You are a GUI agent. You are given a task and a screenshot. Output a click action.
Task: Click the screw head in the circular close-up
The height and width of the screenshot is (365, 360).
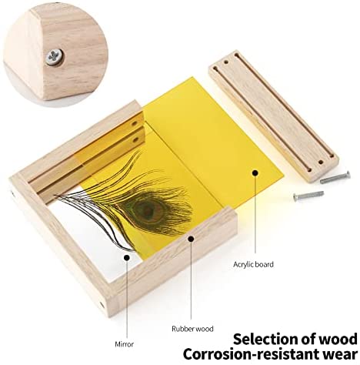point(55,57)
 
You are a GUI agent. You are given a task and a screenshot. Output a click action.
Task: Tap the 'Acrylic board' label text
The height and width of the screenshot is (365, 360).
point(253,265)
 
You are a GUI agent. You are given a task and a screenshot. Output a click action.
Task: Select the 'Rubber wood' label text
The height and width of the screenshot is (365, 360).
point(192,329)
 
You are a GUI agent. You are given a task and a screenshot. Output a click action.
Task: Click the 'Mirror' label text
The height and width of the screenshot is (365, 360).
point(125,344)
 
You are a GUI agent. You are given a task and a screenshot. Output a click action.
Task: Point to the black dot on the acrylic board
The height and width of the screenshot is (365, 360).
point(255,173)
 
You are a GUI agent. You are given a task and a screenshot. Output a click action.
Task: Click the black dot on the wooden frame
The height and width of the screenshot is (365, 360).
point(191,239)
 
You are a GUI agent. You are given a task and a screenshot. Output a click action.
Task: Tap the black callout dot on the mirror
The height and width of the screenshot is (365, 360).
point(126,257)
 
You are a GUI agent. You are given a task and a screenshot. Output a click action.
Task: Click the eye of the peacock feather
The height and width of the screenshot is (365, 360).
point(145,210)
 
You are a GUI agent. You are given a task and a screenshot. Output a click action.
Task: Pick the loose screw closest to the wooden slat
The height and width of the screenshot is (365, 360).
point(335,178)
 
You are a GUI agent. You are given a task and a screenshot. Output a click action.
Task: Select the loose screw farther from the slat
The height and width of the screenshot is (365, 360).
point(308,196)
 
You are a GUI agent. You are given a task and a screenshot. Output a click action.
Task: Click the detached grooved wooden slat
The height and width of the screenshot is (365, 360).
point(274,116)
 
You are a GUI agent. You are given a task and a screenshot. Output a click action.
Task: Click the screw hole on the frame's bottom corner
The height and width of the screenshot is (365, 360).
point(102,305)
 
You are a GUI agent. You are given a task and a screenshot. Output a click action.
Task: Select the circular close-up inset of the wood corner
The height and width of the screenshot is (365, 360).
point(55,55)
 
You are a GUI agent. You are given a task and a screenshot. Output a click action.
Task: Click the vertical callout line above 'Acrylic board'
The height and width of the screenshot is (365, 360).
point(255,215)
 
